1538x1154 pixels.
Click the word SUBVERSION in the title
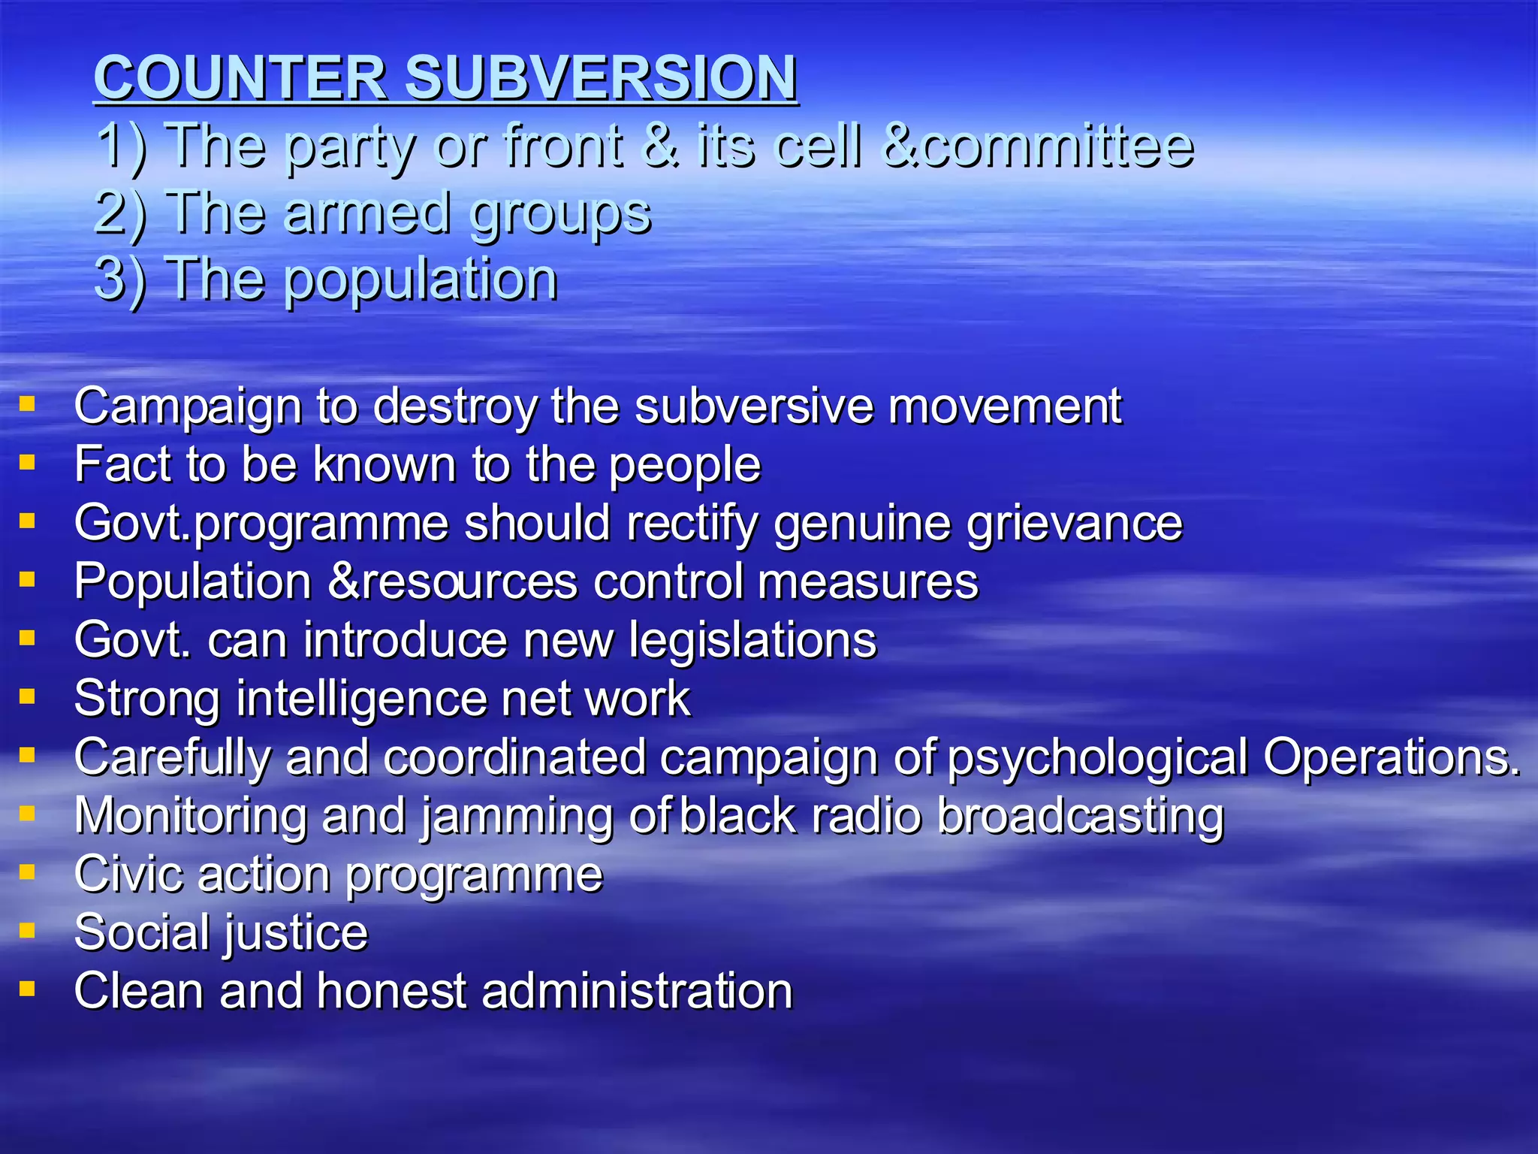coord(601,77)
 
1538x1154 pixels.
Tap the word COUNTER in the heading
coord(240,77)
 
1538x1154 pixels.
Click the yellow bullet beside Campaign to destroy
coord(28,405)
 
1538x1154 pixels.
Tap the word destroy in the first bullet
coord(455,406)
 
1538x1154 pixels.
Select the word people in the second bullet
coord(684,466)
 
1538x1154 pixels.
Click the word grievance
coord(1074,524)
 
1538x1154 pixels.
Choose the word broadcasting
coord(1081,817)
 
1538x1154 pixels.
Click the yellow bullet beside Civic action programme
coord(28,872)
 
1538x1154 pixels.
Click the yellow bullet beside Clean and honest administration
coord(28,989)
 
